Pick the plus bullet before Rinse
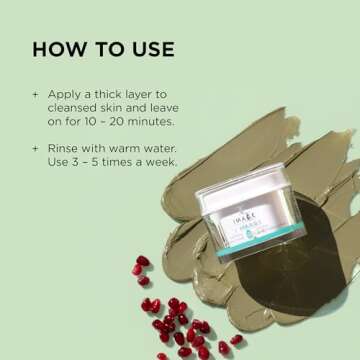coord(36,145)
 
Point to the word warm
coord(134,145)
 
